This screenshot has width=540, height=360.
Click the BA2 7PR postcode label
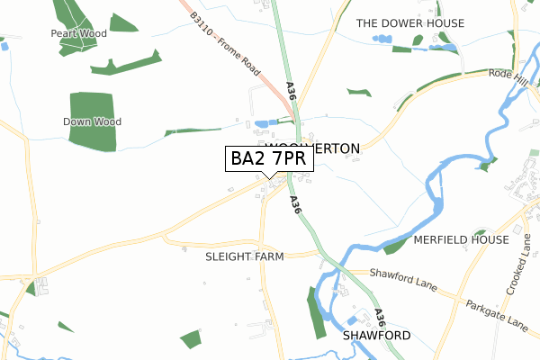(x=269, y=158)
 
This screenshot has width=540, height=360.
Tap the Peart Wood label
(x=78, y=33)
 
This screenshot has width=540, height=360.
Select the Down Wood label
(x=92, y=121)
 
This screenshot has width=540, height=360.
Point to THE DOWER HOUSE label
(x=409, y=22)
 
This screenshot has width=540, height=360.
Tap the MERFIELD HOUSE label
(x=461, y=240)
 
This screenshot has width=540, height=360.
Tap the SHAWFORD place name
(x=376, y=336)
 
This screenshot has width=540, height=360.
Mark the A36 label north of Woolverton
(x=291, y=91)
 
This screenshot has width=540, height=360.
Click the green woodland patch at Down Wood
(x=93, y=108)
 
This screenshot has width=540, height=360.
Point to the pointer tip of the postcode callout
(x=269, y=177)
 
